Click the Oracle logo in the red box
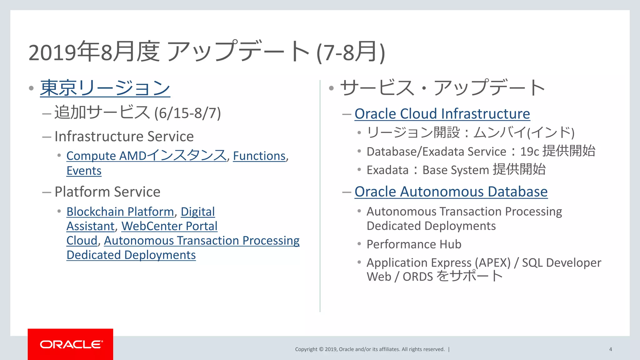(71, 344)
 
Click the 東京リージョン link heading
(105, 88)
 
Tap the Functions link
(259, 156)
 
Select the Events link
(84, 171)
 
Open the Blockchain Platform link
(120, 212)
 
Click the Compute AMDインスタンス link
(146, 156)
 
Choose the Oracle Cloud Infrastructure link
(442, 114)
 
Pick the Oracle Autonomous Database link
(451, 192)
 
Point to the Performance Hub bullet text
(414, 244)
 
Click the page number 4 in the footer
(610, 349)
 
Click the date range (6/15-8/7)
(187, 113)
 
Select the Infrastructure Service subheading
(124, 137)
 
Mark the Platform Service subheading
(107, 192)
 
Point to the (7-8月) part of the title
(351, 52)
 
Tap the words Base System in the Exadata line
(456, 170)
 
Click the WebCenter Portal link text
(169, 226)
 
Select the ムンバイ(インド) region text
(524, 132)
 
